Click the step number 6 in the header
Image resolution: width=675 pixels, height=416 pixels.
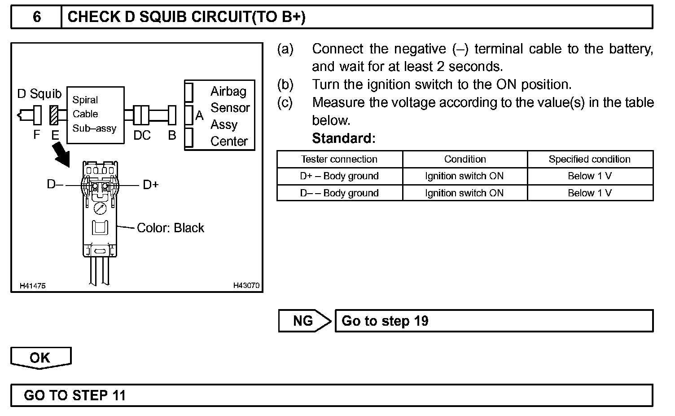(x=37, y=17)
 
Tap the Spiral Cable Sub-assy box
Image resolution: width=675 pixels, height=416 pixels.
(x=95, y=115)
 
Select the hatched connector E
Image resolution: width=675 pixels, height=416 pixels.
(x=54, y=115)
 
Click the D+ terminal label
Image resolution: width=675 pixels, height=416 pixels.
(x=150, y=185)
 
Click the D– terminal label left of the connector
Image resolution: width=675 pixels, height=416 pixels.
(x=55, y=185)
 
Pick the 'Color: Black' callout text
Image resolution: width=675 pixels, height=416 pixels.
(x=170, y=228)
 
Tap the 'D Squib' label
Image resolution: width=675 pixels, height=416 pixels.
(x=39, y=94)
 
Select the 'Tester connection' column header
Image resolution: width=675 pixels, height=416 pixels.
(x=339, y=159)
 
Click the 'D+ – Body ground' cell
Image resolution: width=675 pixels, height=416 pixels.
(x=339, y=176)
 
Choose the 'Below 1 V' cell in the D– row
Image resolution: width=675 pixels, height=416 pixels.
(x=590, y=193)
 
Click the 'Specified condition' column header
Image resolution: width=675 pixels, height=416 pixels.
(x=590, y=159)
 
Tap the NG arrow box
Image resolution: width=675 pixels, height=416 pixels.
(x=304, y=321)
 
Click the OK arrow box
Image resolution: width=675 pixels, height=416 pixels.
(x=40, y=358)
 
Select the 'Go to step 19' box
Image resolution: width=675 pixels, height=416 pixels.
(x=494, y=321)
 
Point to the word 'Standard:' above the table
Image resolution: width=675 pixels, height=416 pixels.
(x=343, y=138)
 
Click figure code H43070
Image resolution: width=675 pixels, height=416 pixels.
(x=246, y=286)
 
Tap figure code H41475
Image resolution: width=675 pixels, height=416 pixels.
(x=32, y=286)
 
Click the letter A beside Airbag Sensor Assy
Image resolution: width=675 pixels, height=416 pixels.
(x=200, y=116)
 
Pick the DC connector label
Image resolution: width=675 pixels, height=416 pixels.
(x=142, y=135)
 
